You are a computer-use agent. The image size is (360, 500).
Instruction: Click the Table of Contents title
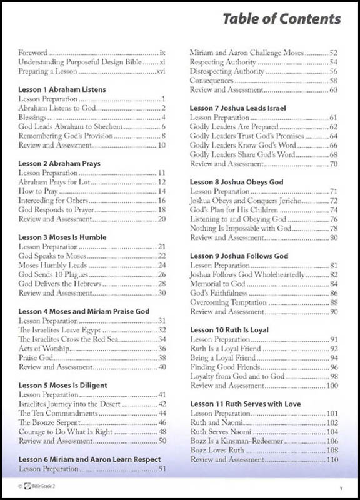(281, 19)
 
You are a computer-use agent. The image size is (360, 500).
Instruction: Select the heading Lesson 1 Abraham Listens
(62, 89)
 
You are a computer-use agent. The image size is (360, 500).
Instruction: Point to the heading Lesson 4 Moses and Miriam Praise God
(84, 311)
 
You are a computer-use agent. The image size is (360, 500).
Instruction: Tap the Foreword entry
(33, 54)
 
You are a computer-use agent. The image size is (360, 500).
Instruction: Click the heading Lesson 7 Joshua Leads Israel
(237, 108)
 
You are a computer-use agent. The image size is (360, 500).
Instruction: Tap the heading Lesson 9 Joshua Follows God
(239, 256)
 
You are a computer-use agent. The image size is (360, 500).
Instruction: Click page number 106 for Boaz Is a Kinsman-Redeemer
(332, 441)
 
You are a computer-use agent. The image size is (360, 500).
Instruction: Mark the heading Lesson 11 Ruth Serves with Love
(245, 404)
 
